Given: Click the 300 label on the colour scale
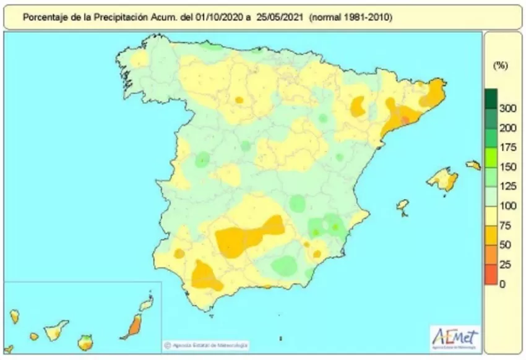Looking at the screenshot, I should tap(507, 109).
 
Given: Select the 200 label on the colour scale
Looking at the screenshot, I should tap(507, 128).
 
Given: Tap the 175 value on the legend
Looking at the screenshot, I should tap(507, 147).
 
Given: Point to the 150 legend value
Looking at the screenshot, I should tap(507, 167).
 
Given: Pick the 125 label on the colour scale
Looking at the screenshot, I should tap(507, 186).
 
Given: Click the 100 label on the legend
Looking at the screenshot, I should tap(507, 206).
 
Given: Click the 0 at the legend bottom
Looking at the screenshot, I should tap(503, 284).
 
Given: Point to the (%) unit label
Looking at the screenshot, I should tap(500, 66).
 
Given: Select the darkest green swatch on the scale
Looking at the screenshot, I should tap(491, 98).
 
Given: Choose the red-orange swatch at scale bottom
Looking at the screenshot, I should tap(491, 275).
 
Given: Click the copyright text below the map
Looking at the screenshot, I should tap(207, 345).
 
